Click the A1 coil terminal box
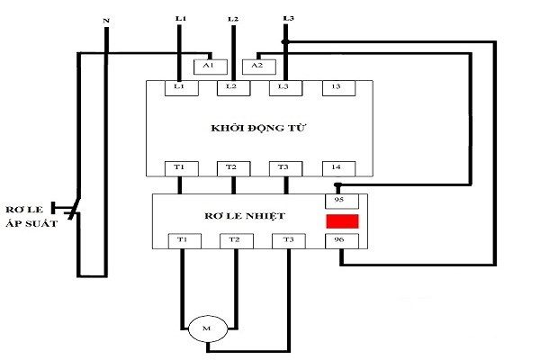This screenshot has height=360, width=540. (209, 66)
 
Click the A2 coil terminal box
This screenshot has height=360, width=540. (257, 66)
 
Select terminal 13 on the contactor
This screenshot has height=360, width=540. (336, 87)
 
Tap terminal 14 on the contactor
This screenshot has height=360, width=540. (336, 167)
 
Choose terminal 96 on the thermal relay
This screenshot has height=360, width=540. (341, 240)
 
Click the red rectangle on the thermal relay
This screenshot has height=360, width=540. (342, 220)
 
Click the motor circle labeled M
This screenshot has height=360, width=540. (206, 329)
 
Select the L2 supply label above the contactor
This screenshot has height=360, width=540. (233, 18)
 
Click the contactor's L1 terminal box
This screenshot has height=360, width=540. (180, 87)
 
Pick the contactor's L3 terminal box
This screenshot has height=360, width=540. (283, 87)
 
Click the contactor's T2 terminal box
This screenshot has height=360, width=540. (232, 167)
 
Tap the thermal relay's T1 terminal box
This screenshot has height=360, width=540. (183, 240)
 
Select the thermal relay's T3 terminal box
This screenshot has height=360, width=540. (288, 240)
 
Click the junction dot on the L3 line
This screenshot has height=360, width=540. (285, 41)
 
